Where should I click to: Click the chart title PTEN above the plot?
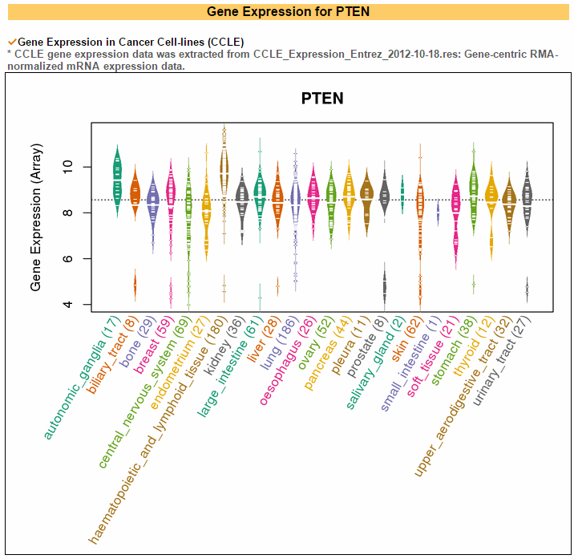click(x=322, y=99)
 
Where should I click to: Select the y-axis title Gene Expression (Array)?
click(x=37, y=217)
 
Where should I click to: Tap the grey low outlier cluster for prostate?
click(x=385, y=285)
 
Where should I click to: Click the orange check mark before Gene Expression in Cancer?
click(x=11, y=41)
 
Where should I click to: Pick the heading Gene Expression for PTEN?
click(x=287, y=11)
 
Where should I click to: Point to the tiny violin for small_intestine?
click(x=438, y=213)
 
